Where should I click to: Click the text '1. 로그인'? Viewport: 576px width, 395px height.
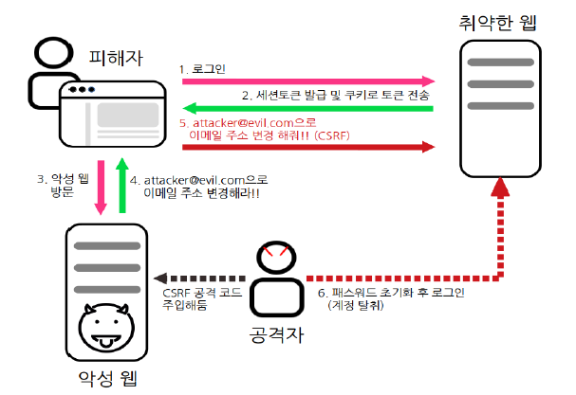[x=204, y=69]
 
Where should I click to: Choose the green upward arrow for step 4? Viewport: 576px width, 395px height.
[x=121, y=186]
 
